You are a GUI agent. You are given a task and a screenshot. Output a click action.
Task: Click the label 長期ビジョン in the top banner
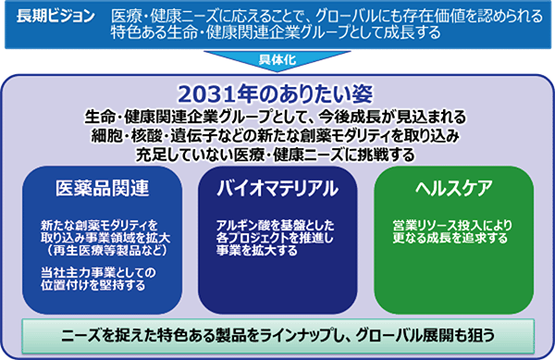55,16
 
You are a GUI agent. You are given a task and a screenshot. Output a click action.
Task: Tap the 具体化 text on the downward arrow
277,59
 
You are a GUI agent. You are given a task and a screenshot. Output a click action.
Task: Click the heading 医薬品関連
103,188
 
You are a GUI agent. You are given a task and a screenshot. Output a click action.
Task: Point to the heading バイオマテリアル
277,188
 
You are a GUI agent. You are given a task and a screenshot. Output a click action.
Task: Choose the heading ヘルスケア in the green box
453,188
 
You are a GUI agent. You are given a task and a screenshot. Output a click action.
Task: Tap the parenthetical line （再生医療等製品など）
105,250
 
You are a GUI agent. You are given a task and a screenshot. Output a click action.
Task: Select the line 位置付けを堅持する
92,285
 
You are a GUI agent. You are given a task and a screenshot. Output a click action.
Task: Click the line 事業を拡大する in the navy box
256,250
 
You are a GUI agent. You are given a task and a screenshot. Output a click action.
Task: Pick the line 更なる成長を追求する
450,238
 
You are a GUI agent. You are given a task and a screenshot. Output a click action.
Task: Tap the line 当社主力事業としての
98,273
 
